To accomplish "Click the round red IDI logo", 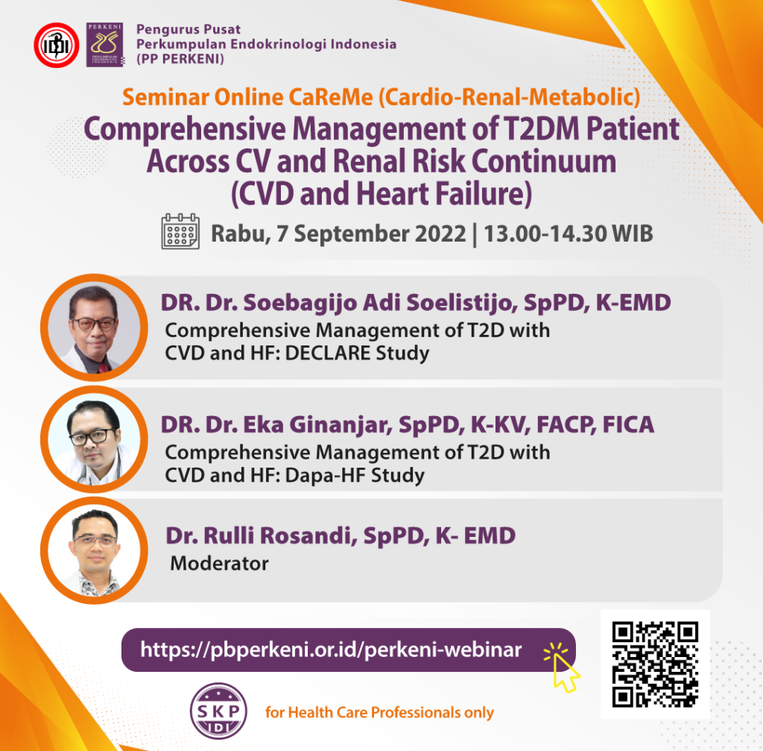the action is pos(57,45).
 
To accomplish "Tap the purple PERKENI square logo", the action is pos(104,44).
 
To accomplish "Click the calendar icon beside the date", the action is pos(180,231).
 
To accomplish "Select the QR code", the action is pos(655,664).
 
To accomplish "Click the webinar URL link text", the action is pos(331,650).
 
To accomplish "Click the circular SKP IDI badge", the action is pos(218,711).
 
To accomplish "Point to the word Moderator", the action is pos(219,564).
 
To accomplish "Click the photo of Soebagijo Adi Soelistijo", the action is pos(94,327).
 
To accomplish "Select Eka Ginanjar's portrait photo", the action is pos(94,439).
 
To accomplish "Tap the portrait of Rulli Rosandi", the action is pos(94,550).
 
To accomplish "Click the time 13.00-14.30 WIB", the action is pos(569,233).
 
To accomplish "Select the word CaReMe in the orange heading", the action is pos(331,97).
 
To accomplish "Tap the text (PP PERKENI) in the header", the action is pos(180,60).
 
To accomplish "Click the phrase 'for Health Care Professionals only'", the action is pos(379,712).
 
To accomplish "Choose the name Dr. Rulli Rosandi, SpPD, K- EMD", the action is pos(341,535).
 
